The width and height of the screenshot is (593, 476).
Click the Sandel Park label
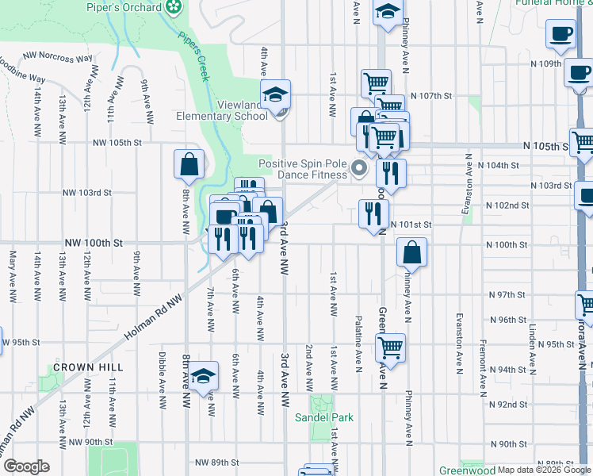(323, 417)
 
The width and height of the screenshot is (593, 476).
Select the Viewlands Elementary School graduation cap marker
(276, 94)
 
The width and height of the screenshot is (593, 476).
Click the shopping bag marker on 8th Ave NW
(189, 165)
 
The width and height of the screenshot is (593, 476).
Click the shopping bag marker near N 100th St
(413, 253)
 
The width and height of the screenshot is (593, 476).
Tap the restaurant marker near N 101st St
(373, 213)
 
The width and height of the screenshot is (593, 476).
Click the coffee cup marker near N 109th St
(560, 33)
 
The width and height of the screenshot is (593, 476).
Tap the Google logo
(25, 466)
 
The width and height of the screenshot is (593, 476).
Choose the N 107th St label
(435, 95)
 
